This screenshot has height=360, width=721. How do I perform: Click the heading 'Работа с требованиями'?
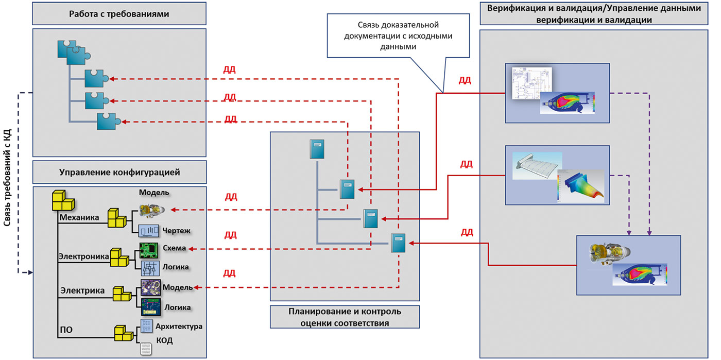(x=119, y=14)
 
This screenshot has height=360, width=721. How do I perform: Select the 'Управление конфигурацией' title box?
(x=119, y=172)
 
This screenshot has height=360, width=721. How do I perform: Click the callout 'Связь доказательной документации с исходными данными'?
(x=398, y=35)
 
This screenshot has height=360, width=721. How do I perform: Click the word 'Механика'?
(x=79, y=217)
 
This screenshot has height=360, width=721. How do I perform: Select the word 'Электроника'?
(x=84, y=255)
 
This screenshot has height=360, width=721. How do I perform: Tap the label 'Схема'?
(x=174, y=248)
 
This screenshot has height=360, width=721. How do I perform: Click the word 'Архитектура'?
(x=179, y=326)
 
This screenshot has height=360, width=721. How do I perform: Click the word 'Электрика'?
(x=83, y=290)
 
